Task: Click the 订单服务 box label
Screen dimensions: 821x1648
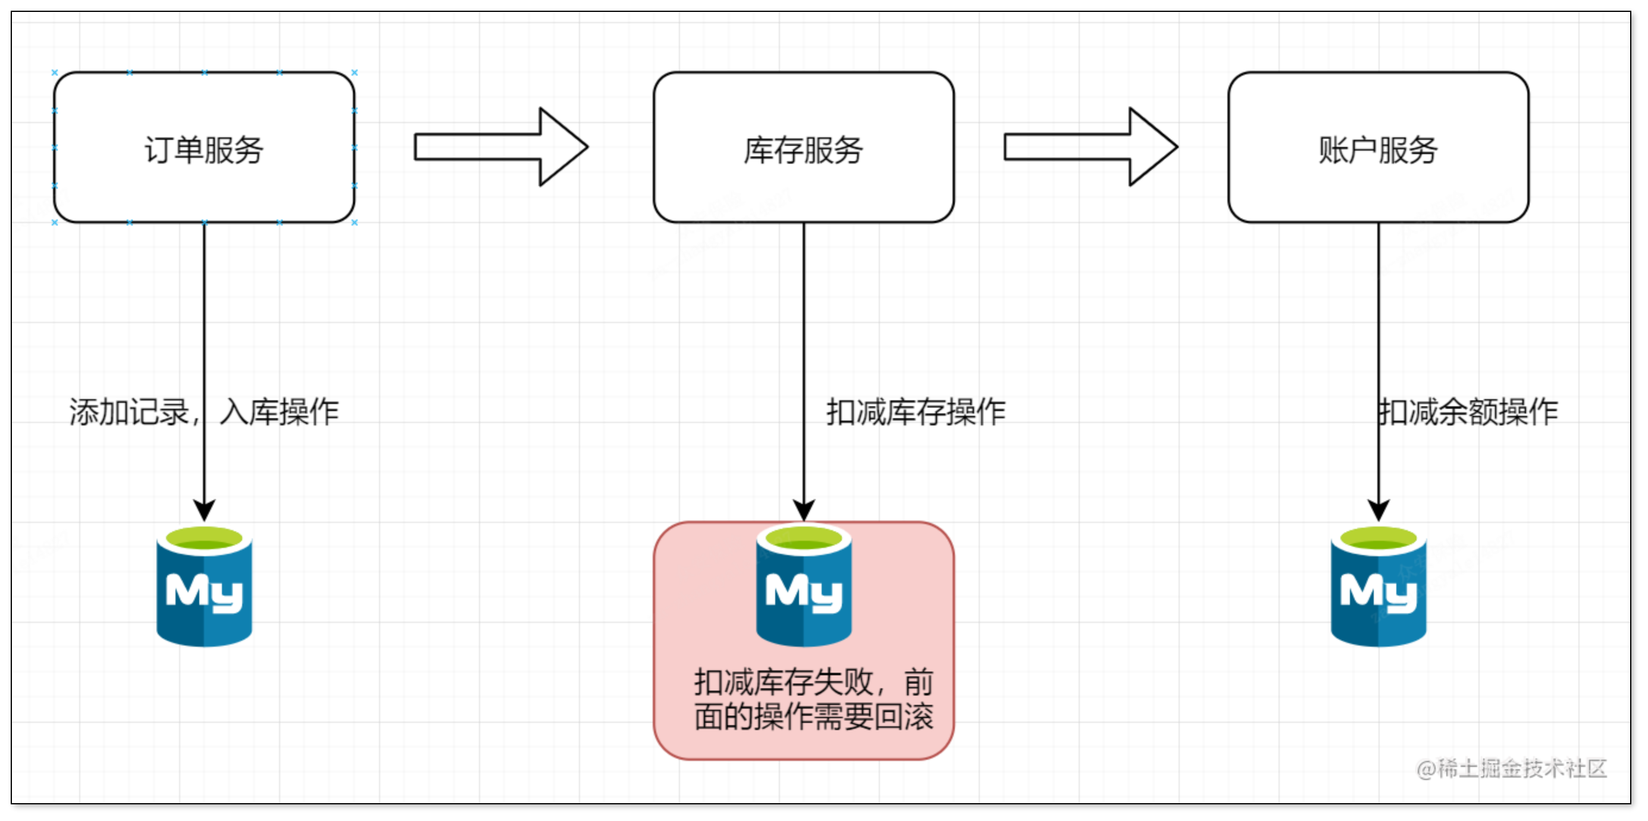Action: click(x=203, y=150)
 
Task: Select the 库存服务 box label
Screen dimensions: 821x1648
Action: click(x=803, y=150)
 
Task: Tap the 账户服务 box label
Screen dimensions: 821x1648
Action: click(x=1378, y=150)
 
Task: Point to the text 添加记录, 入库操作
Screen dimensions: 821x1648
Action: click(x=203, y=412)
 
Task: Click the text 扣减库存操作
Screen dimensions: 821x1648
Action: click(x=916, y=412)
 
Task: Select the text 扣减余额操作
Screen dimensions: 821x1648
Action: click(x=1468, y=412)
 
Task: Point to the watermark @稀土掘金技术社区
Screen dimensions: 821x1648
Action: click(x=1511, y=768)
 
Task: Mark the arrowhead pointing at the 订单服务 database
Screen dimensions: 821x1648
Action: click(x=204, y=510)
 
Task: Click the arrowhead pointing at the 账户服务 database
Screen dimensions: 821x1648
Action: click(x=1378, y=510)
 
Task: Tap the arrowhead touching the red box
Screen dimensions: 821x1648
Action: click(x=804, y=510)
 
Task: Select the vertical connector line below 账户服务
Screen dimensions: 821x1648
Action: click(x=1378, y=320)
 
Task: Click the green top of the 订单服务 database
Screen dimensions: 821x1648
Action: click(x=204, y=539)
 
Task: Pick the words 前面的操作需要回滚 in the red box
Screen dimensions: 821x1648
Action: click(x=813, y=717)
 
